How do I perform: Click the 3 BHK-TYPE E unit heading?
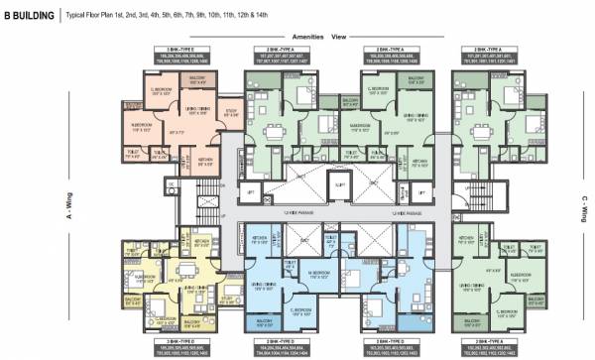(181, 49)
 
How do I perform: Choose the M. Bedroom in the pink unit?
(141, 129)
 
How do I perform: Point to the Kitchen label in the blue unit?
(260, 239)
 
